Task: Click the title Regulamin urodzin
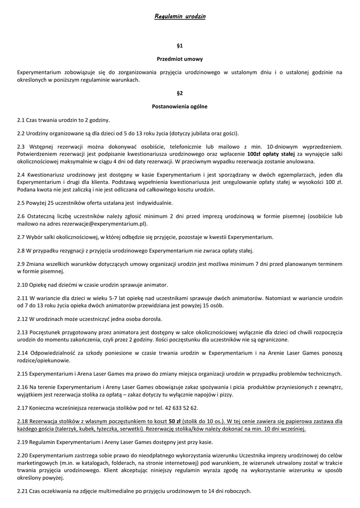pos(180,16)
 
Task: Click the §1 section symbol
pos(180,45)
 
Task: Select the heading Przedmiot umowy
pos(180,59)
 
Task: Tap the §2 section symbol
pos(180,93)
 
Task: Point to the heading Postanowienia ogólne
pos(180,106)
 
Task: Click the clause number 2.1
pos(21,120)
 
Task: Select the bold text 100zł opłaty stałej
pos(271,154)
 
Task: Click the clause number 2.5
pos(21,202)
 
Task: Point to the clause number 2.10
pos(22,284)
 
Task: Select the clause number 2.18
pos(22,421)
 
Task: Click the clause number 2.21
pos(22,491)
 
